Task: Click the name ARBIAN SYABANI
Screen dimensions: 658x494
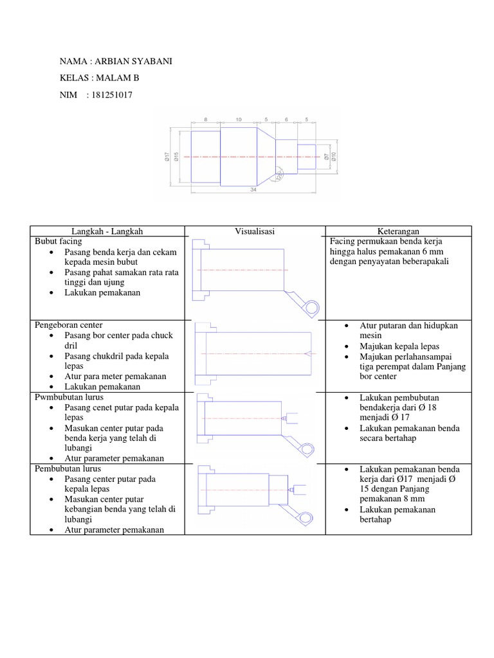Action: pyautogui.click(x=134, y=61)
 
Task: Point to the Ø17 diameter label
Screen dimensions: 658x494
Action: pyautogui.click(x=167, y=156)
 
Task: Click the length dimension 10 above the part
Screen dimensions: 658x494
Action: pyautogui.click(x=238, y=120)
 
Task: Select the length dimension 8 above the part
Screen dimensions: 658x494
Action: pyautogui.click(x=205, y=120)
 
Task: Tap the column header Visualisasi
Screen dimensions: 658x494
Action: pyautogui.click(x=255, y=231)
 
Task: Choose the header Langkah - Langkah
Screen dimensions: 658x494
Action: pyautogui.click(x=108, y=231)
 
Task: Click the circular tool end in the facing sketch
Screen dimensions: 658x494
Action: pyautogui.click(x=312, y=308)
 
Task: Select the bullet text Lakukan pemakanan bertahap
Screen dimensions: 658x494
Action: pyautogui.click(x=398, y=514)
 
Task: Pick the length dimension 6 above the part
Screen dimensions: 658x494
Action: pyautogui.click(x=287, y=120)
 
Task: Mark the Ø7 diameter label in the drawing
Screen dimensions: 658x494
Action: pyautogui.click(x=327, y=156)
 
